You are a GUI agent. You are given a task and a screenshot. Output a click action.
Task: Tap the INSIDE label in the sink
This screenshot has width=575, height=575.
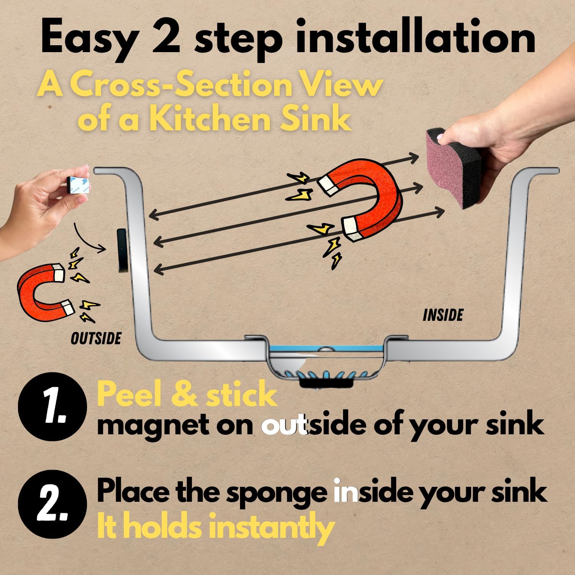click(x=443, y=315)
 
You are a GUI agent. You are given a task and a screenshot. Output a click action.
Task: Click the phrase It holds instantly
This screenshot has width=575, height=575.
click(x=215, y=527)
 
